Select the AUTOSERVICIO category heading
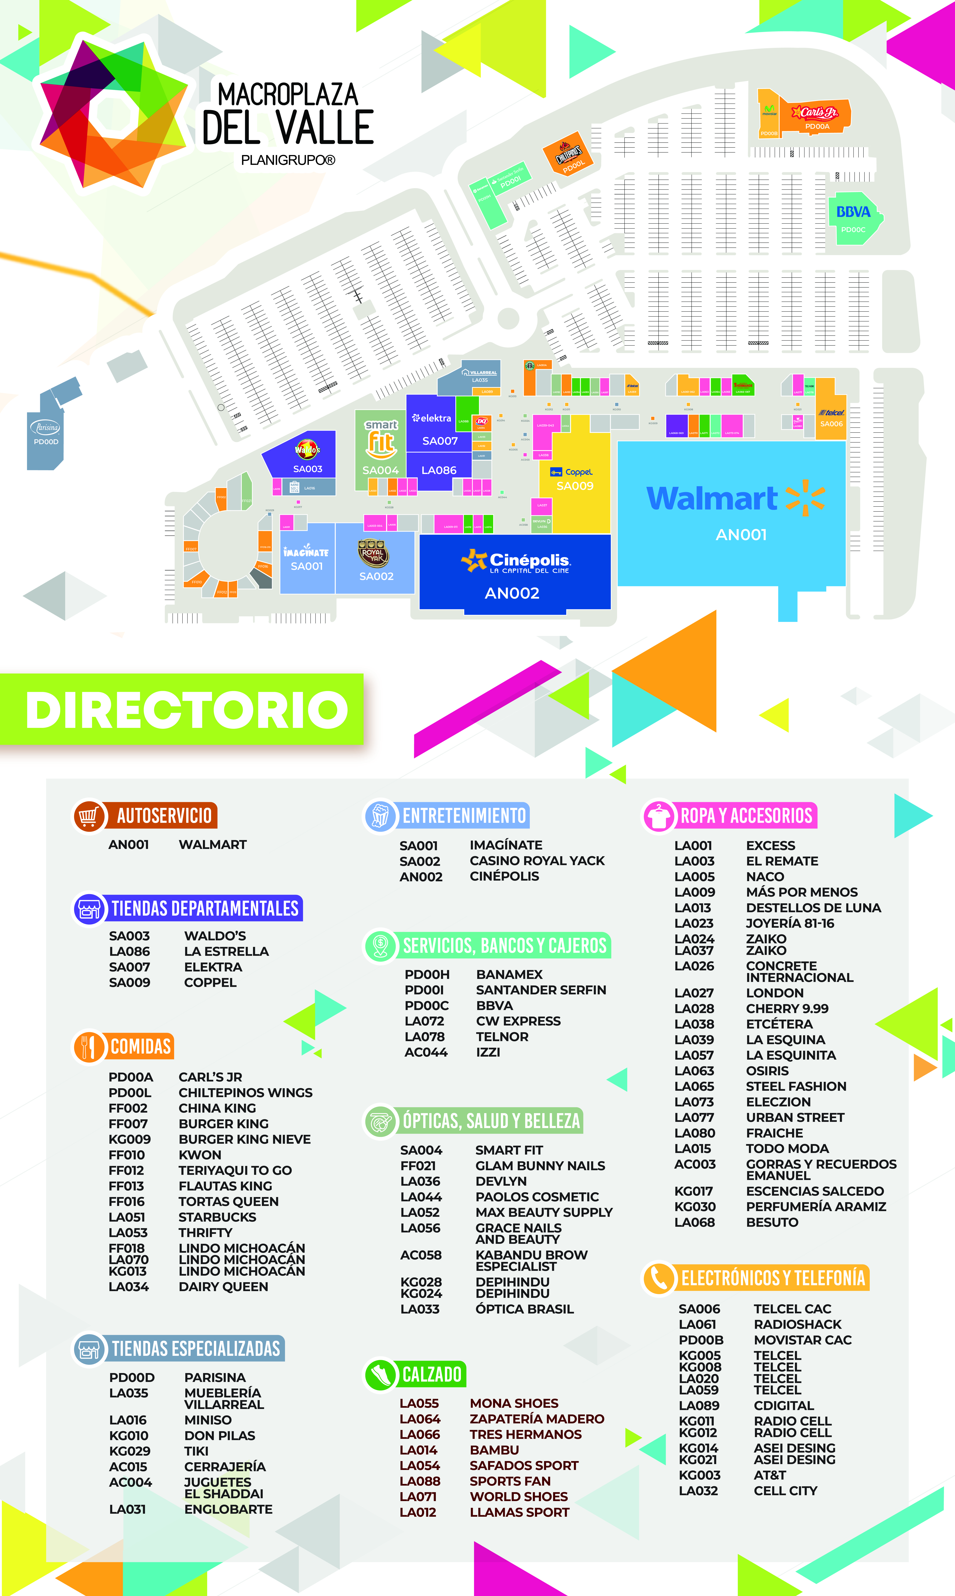pyautogui.click(x=164, y=816)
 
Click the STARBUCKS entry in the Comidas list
pyautogui.click(x=217, y=1217)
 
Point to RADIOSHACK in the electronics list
pyautogui.click(x=797, y=1324)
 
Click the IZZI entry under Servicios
pyautogui.click(x=488, y=1052)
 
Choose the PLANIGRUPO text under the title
pyautogui.click(x=288, y=160)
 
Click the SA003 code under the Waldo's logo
pyautogui.click(x=308, y=469)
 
